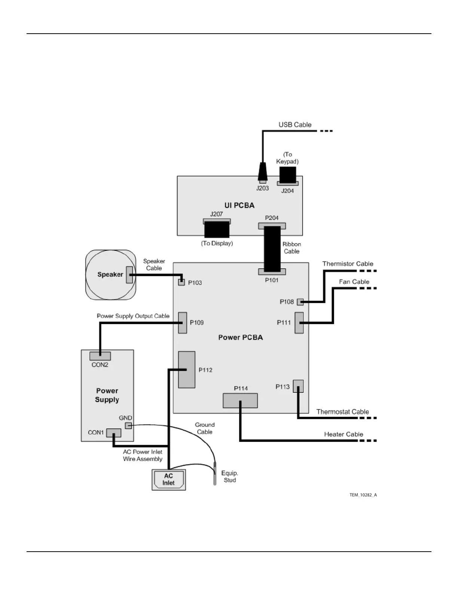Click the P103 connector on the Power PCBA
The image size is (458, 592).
[x=181, y=282]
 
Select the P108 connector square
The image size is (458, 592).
[x=300, y=302]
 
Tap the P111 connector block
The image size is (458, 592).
[x=299, y=323]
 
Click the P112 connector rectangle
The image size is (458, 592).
[x=187, y=370]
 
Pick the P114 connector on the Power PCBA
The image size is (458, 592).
[x=240, y=401]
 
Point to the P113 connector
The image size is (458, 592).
[x=298, y=386]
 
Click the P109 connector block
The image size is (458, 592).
[x=182, y=323]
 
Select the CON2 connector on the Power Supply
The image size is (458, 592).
[x=100, y=356]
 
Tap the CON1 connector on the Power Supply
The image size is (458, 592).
[x=114, y=433]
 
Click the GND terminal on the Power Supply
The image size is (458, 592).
[x=128, y=425]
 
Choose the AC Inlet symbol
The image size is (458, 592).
[x=169, y=480]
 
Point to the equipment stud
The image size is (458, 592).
[x=215, y=474]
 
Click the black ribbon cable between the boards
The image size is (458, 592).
[x=272, y=249]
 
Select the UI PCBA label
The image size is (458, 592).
[x=239, y=205]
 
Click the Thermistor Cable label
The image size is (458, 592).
[x=348, y=264]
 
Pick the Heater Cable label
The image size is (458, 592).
[x=343, y=434]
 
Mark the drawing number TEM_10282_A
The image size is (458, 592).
[x=363, y=495]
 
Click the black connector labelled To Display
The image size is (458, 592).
[x=217, y=229]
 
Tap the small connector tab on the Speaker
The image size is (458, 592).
[x=129, y=275]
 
